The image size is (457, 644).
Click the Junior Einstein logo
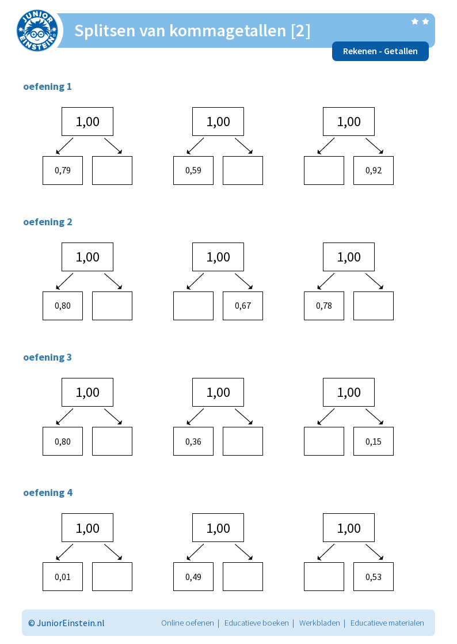coord(37,31)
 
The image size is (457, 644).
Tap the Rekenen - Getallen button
coord(380,51)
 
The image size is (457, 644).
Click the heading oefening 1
coord(48,86)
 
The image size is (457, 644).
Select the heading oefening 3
coord(48,357)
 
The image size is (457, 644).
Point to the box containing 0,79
coord(63,171)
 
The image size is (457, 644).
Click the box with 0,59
coord(193,171)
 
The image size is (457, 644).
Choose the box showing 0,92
coord(374,171)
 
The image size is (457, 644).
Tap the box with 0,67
coord(243,306)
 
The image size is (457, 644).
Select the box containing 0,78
coord(324,306)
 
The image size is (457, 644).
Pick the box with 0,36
coord(193,441)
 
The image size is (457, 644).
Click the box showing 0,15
coord(374,441)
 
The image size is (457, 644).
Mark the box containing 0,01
coord(63,577)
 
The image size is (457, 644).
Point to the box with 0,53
coord(374,577)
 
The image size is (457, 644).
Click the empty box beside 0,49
coord(243,577)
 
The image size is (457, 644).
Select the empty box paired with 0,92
coord(324,171)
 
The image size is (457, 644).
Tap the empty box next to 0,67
coord(193,306)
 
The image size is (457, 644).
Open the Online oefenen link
coord(188,623)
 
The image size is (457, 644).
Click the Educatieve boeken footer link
coord(256,623)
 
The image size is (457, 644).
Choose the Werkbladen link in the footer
coord(319,623)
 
